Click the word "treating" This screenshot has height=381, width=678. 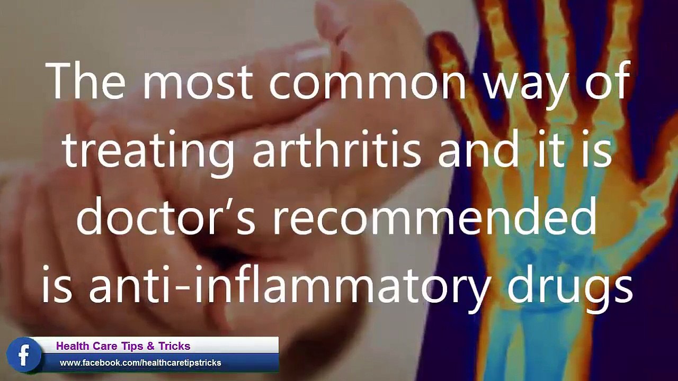tap(149, 151)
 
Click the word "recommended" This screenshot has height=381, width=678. tap(434, 217)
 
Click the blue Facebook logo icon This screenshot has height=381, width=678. tap(24, 355)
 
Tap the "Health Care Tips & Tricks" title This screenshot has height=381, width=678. tap(123, 346)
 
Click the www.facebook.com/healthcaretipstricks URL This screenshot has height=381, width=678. tap(140, 362)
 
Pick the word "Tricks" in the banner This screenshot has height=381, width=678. tap(174, 346)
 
